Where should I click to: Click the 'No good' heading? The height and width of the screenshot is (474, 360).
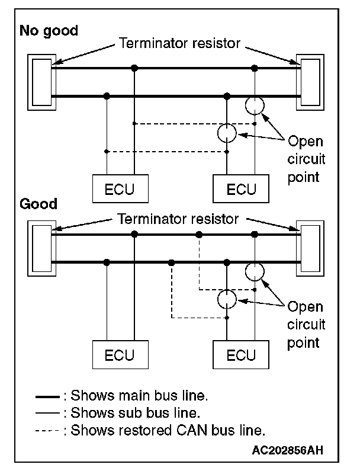[x=49, y=31]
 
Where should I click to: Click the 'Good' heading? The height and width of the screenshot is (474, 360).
[x=38, y=204]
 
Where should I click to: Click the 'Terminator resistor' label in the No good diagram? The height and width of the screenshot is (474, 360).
[x=179, y=43]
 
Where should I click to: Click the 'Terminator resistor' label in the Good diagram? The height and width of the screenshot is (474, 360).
[x=178, y=219]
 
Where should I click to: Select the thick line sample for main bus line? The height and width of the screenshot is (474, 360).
[x=48, y=396]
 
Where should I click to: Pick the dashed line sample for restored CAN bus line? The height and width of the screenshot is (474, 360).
[x=48, y=431]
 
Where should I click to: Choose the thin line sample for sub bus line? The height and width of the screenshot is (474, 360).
[x=48, y=412]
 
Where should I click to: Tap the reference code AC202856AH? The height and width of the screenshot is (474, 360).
[x=288, y=450]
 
